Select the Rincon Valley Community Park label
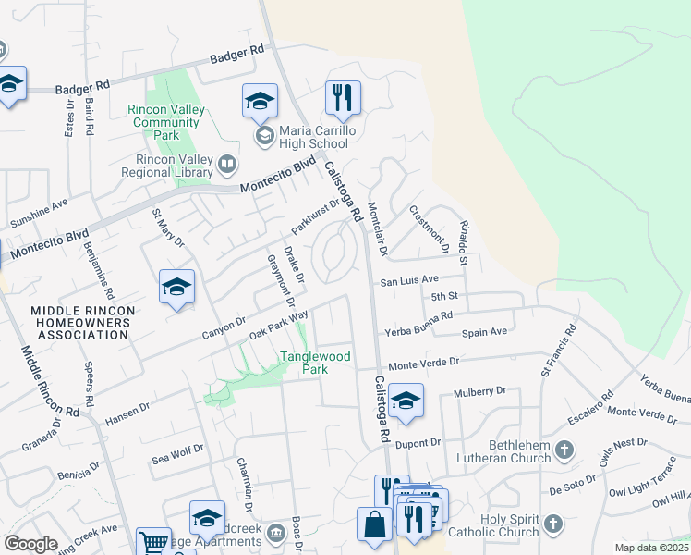tap(165, 122)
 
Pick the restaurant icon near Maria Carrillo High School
tap(343, 98)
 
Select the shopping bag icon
tap(374, 524)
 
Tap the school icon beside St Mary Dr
tap(176, 287)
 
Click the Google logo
tap(30, 544)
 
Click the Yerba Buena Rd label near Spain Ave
tap(420, 316)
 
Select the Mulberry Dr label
tap(480, 391)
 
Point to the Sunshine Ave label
tap(39, 213)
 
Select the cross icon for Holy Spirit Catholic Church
tap(552, 525)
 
